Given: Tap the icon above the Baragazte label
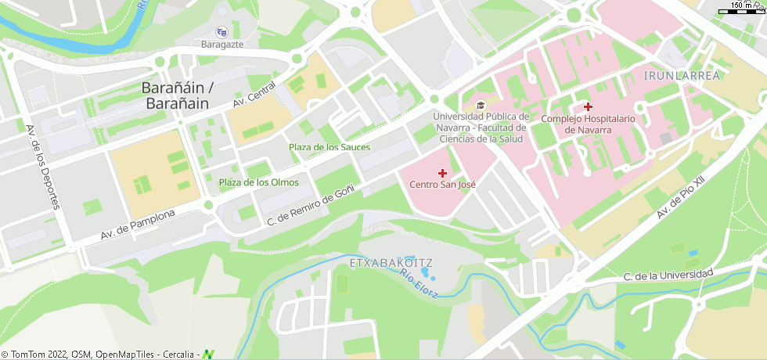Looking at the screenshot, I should pos(221,32).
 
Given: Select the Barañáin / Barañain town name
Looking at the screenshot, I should pos(177,95).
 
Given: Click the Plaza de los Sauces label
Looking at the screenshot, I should pos(329,147).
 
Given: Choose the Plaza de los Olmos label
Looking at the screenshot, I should pos(258,182).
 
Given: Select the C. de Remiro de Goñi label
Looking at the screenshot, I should pos(311,205).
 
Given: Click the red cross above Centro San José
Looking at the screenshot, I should pos(442,172).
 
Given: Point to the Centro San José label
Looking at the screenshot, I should pos(442,185).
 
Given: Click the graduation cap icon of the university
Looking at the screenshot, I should pos(480,105).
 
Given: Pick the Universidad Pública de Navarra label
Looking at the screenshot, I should pos(480,128).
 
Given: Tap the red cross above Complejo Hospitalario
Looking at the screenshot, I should pos(588,106).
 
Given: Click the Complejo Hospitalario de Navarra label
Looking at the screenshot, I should pos(588,124).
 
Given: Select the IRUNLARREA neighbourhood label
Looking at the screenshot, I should pos(681,75).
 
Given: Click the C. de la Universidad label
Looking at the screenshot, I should pos(668,275).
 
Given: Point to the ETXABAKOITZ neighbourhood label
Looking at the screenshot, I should pos(391,261).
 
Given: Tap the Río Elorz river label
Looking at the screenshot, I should pos(419,283).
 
